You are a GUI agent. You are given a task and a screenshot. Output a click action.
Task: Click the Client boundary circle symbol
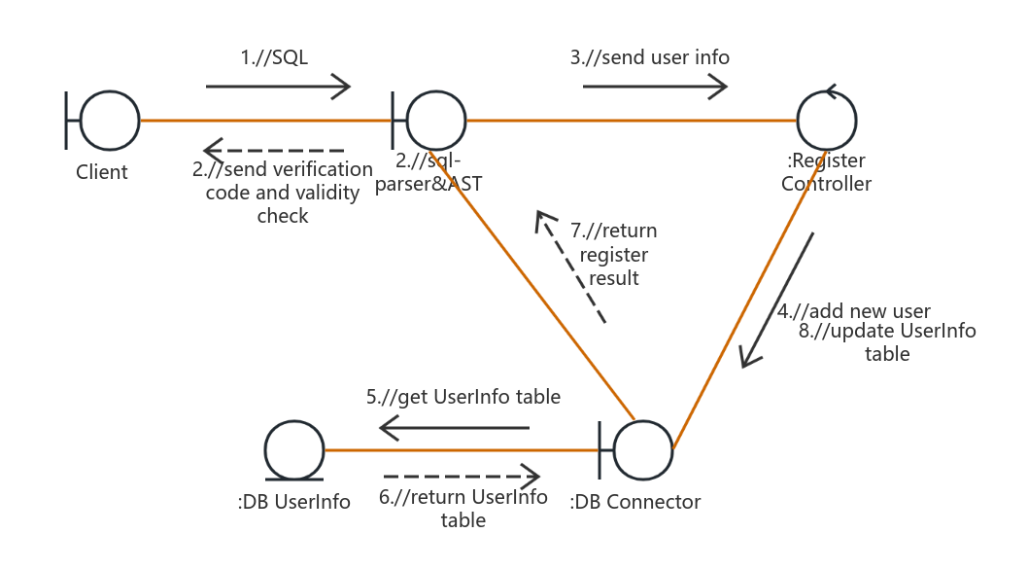coord(110,121)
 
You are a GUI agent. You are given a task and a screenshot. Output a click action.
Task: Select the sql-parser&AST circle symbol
coord(436,121)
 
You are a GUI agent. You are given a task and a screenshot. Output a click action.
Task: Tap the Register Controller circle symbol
coord(827,122)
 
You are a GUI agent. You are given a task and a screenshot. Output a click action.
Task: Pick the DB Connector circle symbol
coord(642,450)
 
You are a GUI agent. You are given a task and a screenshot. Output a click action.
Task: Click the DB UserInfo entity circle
coord(294,450)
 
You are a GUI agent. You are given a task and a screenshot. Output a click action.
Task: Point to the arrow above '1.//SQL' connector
coord(278,87)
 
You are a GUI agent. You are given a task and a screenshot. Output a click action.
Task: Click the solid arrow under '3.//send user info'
coord(655,87)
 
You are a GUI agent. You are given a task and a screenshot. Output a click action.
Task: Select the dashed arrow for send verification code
coord(274,150)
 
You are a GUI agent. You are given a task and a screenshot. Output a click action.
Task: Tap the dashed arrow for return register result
coord(571,268)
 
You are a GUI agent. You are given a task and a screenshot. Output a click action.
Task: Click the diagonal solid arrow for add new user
coord(777,300)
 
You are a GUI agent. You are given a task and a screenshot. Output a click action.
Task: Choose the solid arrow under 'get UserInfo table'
coord(455,427)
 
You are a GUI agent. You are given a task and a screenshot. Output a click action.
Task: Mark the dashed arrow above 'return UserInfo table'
coord(461,477)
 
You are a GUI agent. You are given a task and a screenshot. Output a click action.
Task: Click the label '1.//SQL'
coord(274,57)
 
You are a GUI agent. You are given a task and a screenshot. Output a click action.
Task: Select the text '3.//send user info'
coord(649,57)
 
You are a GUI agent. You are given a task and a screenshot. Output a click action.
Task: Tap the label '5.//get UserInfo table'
coord(463,397)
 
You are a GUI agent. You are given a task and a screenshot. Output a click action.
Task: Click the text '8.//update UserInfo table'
coord(887,341)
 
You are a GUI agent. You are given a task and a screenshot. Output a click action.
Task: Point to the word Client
coord(102,172)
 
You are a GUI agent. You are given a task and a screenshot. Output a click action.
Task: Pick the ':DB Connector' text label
coord(635,502)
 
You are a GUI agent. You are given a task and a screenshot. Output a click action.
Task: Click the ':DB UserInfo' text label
coord(293,502)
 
